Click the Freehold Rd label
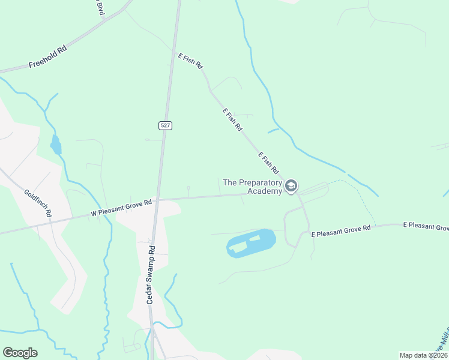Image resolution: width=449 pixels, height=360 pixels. (x=47, y=56)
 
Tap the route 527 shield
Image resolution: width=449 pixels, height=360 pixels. (x=166, y=125)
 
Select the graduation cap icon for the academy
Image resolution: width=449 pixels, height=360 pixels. (x=291, y=187)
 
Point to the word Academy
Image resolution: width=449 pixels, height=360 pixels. (x=265, y=191)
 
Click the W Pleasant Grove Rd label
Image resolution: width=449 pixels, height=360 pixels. (x=122, y=208)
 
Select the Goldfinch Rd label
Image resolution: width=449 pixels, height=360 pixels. (x=38, y=203)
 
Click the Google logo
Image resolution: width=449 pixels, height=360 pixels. (x=20, y=353)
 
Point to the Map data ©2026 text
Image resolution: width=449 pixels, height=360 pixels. (x=423, y=355)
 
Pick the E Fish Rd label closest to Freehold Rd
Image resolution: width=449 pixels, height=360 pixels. (x=190, y=62)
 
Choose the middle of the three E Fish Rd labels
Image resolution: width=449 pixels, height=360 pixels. (x=232, y=120)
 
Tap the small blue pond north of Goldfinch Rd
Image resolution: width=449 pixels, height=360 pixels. (x=56, y=145)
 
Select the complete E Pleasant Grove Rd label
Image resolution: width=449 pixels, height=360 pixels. (x=340, y=230)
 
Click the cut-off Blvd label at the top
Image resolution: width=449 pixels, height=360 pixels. (x=100, y=8)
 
